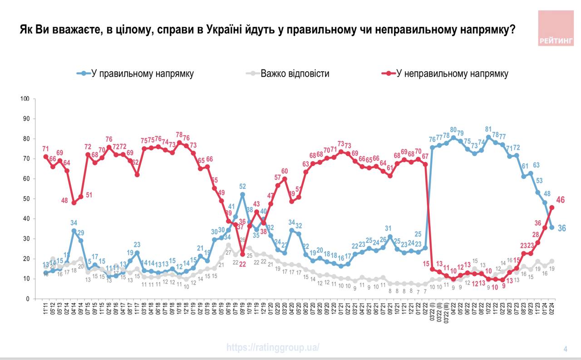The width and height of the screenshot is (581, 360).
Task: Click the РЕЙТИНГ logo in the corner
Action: pyautogui.click(x=556, y=28)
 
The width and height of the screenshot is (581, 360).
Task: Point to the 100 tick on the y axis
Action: pyautogui.click(x=25, y=99)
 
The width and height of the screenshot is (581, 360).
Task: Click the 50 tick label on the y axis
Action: pyautogui.click(x=26, y=199)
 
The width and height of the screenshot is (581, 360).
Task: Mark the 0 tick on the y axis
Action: pyautogui.click(x=28, y=299)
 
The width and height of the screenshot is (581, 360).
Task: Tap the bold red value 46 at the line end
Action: pyautogui.click(x=560, y=200)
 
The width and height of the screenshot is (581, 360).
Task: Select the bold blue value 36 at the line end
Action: pyautogui.click(x=561, y=228)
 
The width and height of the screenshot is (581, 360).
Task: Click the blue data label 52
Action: pyautogui.click(x=243, y=186)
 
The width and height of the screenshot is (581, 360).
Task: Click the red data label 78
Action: pyautogui.click(x=179, y=135)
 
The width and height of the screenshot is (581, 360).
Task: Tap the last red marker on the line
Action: pyautogui.click(x=552, y=207)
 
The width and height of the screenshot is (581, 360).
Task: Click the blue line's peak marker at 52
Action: pyautogui.click(x=242, y=194)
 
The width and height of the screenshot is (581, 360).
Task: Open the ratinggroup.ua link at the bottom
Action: pyautogui.click(x=273, y=348)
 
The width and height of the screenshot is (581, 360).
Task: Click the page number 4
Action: pyautogui.click(x=565, y=349)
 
